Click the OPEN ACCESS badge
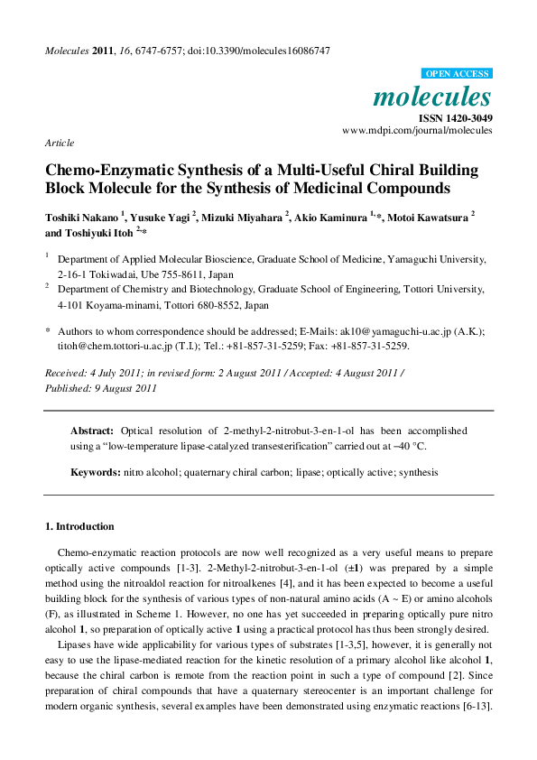(458, 74)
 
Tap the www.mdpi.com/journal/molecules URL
(417, 131)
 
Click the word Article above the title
(60, 143)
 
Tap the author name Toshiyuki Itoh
(98, 232)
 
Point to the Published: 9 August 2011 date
(101, 388)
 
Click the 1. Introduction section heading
(79, 526)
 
